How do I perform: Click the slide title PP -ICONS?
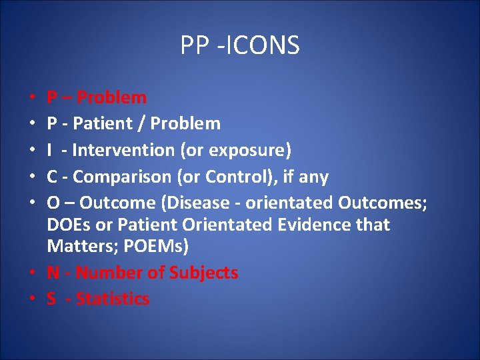click(240, 45)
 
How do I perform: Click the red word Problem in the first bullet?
click(111, 98)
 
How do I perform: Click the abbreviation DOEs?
click(67, 225)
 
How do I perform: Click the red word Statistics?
click(113, 299)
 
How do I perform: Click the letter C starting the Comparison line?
click(52, 177)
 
